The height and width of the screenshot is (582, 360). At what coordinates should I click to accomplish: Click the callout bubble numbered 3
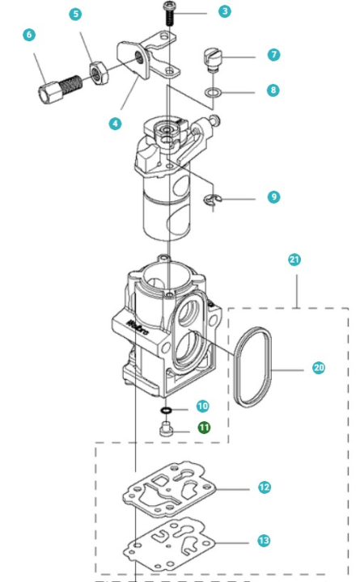click(x=224, y=11)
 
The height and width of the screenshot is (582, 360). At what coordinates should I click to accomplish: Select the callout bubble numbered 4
click(x=116, y=124)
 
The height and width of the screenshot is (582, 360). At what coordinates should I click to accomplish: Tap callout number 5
click(x=75, y=15)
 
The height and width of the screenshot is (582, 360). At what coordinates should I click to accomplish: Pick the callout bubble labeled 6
click(x=29, y=35)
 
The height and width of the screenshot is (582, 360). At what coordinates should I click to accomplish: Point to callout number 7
click(x=273, y=55)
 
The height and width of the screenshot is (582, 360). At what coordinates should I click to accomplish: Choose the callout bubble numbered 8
click(x=273, y=91)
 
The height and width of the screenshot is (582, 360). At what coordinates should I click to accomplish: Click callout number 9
click(x=273, y=196)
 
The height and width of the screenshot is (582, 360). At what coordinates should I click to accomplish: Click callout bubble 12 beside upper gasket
click(x=264, y=487)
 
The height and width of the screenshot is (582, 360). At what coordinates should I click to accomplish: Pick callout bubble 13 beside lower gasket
click(x=264, y=540)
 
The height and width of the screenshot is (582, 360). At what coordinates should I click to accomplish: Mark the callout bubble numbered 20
click(x=318, y=368)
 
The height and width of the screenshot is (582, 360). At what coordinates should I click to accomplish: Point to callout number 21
click(x=294, y=259)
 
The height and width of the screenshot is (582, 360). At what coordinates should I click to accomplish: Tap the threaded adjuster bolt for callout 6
click(x=58, y=86)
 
